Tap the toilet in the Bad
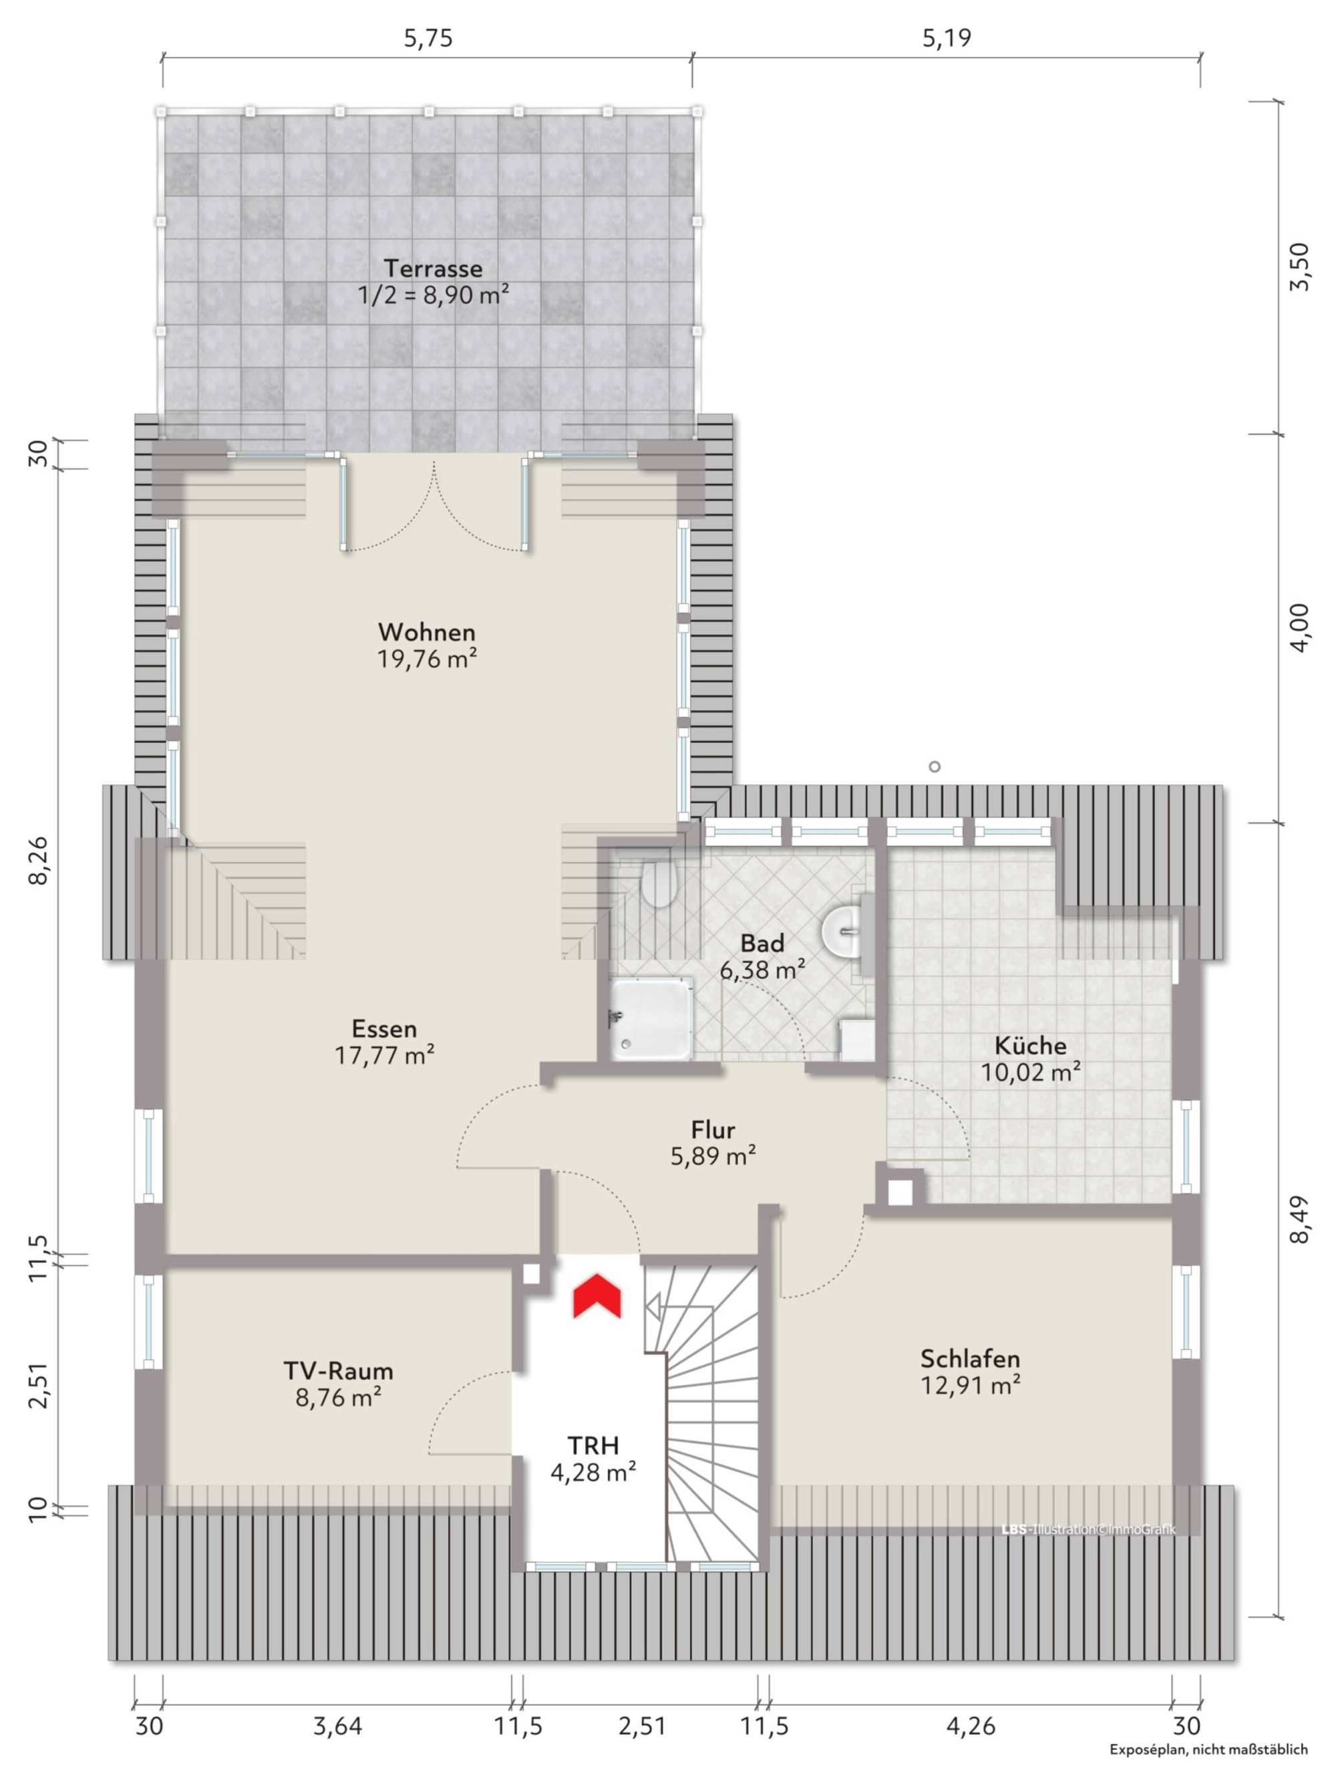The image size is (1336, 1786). pyautogui.click(x=658, y=883)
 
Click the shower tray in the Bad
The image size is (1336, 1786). pyautogui.click(x=651, y=1020)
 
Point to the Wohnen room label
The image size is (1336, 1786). pyautogui.click(x=426, y=631)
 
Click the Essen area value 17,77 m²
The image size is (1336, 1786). pyautogui.click(x=385, y=1055)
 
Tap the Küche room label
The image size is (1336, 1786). pyautogui.click(x=1030, y=1046)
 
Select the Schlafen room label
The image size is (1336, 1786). pyautogui.click(x=971, y=1358)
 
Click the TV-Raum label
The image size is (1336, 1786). pyautogui.click(x=338, y=1370)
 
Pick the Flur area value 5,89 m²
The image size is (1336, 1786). pyautogui.click(x=713, y=1156)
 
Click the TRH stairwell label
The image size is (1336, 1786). pyautogui.click(x=593, y=1445)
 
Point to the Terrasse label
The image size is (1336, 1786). pyautogui.click(x=433, y=268)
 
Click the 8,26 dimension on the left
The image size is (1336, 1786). pyautogui.click(x=39, y=860)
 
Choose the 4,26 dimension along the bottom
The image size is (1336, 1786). pyautogui.click(x=971, y=1727)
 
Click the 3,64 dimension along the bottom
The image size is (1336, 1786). pyautogui.click(x=337, y=1727)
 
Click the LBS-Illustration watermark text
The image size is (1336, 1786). pyautogui.click(x=1088, y=1529)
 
